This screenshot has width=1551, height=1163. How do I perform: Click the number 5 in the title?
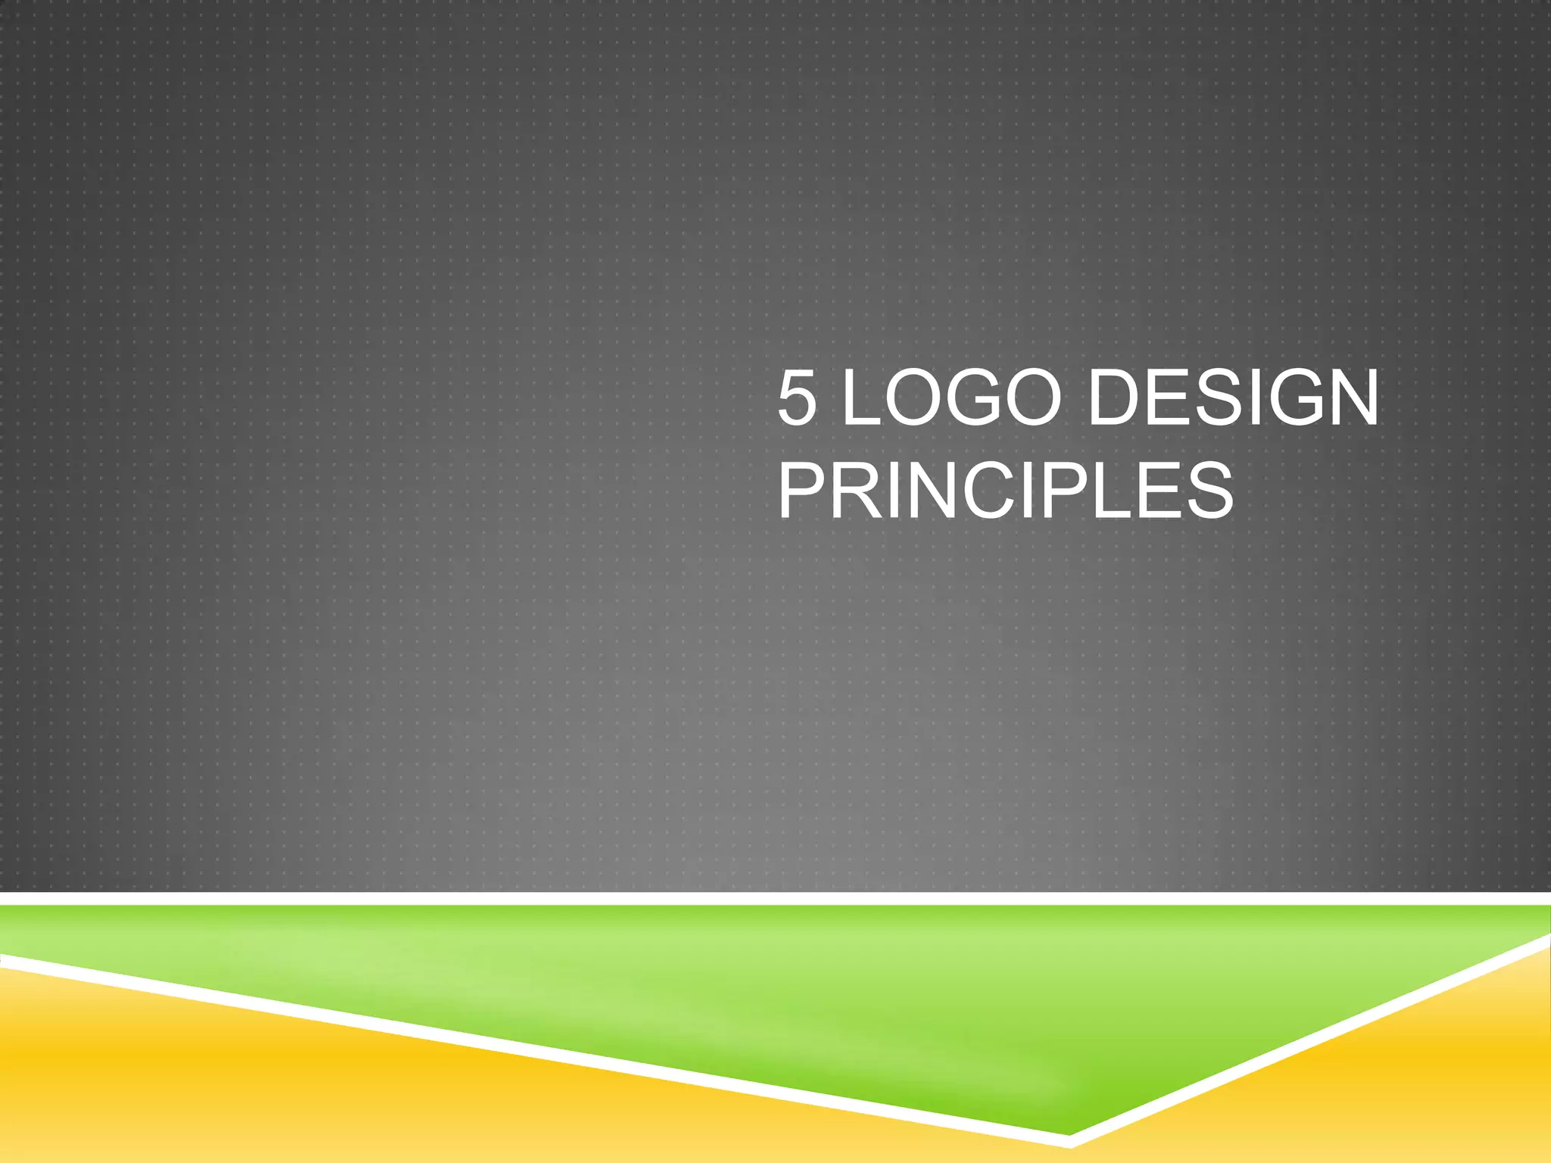point(797,398)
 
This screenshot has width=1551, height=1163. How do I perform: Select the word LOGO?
point(951,398)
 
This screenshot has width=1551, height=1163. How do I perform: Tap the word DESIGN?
point(1233,398)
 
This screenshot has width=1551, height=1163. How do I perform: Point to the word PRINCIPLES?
point(1006,491)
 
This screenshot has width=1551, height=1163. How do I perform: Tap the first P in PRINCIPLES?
point(803,491)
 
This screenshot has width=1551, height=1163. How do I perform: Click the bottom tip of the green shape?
point(1068,1131)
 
